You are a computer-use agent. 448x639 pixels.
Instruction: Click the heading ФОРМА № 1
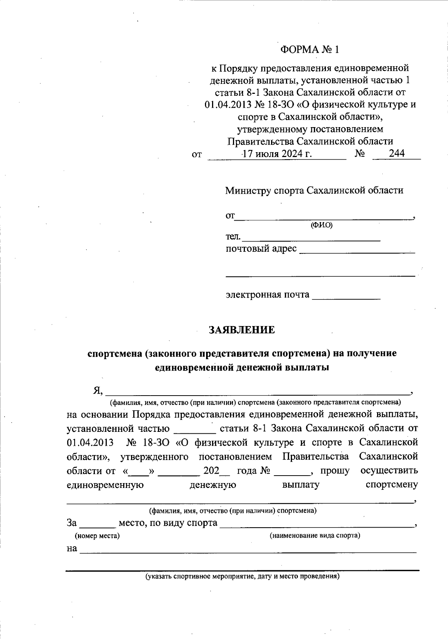[x=310, y=49]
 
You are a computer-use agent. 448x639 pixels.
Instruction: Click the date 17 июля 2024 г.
[x=277, y=154]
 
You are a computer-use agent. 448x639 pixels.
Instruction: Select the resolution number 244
[x=396, y=153]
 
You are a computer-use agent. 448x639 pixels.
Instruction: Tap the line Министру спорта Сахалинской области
[x=314, y=190]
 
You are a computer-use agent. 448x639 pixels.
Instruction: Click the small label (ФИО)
[x=321, y=225]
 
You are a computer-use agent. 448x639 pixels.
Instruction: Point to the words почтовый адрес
[x=261, y=249]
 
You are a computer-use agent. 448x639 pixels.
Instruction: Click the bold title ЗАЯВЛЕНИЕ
[x=242, y=330]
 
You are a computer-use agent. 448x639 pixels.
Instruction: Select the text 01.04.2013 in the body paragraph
[x=90, y=443]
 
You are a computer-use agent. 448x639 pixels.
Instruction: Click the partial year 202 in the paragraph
[x=211, y=471]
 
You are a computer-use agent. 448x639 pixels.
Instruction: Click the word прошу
[x=335, y=471]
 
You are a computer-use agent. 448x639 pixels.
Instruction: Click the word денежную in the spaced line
[x=212, y=485]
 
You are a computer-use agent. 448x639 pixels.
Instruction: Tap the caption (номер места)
[x=97, y=536]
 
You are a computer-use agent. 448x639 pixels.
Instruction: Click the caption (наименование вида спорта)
[x=315, y=535]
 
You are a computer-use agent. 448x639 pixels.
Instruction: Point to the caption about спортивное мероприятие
[x=242, y=576]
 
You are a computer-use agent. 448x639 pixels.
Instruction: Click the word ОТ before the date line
[x=196, y=154]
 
